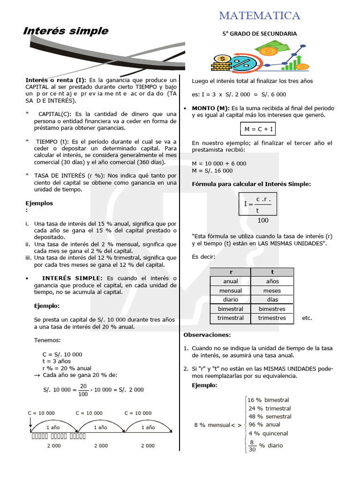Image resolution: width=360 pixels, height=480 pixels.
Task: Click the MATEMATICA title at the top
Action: [260, 15]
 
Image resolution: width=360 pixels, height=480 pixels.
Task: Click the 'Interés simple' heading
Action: [66, 31]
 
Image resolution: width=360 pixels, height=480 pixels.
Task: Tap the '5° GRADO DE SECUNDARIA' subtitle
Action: [259, 34]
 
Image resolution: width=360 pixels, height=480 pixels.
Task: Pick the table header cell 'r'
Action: [230, 272]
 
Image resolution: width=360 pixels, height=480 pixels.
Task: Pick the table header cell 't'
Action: [272, 272]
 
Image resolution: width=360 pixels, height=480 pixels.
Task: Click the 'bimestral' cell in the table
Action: [230, 309]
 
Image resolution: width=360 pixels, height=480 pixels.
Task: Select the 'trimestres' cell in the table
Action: [272, 318]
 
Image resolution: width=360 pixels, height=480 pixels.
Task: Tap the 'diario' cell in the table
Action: [230, 300]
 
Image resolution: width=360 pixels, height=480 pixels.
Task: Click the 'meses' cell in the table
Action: [272, 291]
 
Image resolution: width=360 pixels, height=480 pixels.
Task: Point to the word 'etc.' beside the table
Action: [307, 318]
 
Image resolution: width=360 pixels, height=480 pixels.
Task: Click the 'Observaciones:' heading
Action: [207, 335]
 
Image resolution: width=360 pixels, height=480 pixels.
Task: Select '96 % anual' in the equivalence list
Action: [264, 425]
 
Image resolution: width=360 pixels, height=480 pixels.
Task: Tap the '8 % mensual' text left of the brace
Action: [212, 425]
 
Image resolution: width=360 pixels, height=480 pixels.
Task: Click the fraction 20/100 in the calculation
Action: [83, 390]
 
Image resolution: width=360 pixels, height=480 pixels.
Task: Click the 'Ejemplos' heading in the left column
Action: [39, 203]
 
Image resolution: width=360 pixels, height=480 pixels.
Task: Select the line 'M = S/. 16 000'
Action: [212, 171]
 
